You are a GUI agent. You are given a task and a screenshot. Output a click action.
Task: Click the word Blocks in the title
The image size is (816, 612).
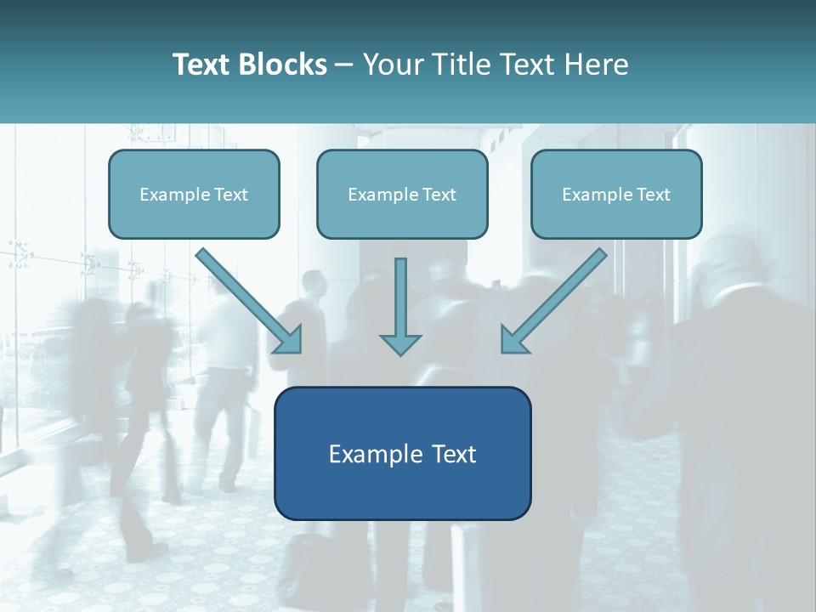click(282, 64)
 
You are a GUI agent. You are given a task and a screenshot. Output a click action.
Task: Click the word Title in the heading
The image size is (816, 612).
click(462, 64)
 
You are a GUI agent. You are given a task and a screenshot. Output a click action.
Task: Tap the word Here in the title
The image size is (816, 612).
click(597, 64)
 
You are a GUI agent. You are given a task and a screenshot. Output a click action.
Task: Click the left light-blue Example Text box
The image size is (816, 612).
click(194, 194)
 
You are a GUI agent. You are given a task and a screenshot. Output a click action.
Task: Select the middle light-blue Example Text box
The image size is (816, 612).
click(402, 194)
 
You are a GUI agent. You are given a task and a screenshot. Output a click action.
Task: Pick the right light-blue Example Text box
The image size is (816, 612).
click(617, 194)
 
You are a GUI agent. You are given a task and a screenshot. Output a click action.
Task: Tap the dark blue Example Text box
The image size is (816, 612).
click(403, 453)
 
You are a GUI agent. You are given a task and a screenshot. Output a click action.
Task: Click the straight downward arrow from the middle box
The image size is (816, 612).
click(400, 306)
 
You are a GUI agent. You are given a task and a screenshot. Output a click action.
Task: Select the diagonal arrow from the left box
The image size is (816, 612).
click(249, 301)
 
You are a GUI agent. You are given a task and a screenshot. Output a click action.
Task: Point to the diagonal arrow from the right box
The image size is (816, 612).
click(553, 301)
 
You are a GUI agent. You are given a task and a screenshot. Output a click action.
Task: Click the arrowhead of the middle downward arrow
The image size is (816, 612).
click(400, 344)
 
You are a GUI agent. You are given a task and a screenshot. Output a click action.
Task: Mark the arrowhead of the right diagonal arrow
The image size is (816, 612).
click(512, 343)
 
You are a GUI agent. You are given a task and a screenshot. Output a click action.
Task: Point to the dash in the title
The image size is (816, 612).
click(344, 65)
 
